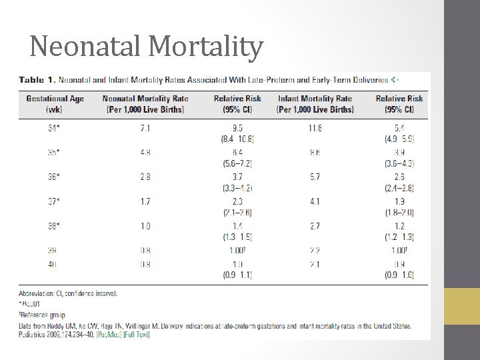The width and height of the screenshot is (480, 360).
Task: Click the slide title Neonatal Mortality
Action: click(x=147, y=47)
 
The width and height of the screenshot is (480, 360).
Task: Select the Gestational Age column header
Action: click(x=55, y=103)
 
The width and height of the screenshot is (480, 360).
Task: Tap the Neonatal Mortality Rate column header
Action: click(x=145, y=103)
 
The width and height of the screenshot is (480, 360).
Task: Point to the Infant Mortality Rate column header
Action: click(x=315, y=103)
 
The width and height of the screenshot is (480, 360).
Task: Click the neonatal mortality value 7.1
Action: click(x=145, y=127)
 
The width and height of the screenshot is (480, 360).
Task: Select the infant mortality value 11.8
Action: click(x=315, y=127)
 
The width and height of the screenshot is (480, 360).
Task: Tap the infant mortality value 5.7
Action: click(x=315, y=177)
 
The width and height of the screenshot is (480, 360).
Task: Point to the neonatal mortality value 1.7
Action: click(x=145, y=201)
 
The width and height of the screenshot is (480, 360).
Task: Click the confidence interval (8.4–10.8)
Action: click(x=238, y=139)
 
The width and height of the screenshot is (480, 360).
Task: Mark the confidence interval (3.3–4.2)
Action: click(x=238, y=188)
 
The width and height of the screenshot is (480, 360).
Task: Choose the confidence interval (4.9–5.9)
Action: click(x=399, y=139)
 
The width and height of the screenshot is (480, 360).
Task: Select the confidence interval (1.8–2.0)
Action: click(x=399, y=213)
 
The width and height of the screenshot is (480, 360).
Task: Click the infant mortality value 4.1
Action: click(x=315, y=201)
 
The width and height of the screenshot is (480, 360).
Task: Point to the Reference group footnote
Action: click(x=43, y=314)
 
